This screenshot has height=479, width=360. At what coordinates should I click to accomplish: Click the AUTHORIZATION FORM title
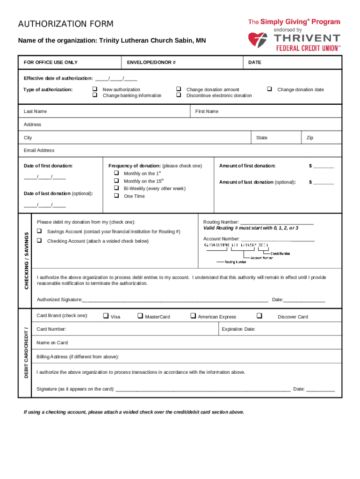65,24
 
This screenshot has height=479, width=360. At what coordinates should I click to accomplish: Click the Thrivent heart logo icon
257,41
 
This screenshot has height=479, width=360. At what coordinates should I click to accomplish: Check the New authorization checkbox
94,89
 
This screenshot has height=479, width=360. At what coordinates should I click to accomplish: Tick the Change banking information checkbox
94,95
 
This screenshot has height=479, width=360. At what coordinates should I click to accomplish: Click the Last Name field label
35,111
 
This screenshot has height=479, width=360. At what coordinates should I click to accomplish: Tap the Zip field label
310,138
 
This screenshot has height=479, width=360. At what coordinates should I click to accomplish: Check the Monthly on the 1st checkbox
115,173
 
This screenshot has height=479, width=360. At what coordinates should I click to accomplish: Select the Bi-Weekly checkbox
115,188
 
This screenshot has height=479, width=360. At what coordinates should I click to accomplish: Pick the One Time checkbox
115,196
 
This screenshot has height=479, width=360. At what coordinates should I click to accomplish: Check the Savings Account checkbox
39,232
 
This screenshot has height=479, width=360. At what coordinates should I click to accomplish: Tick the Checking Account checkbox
39,240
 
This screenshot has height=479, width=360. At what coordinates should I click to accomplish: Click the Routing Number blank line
277,223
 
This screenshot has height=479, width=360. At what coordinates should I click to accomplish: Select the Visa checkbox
106,316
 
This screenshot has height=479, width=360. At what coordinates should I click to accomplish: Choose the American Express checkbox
193,316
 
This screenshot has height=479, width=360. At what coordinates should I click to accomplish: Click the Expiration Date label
238,329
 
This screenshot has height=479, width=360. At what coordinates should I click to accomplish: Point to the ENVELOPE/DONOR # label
151,62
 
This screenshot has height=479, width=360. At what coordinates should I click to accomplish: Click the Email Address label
39,150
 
